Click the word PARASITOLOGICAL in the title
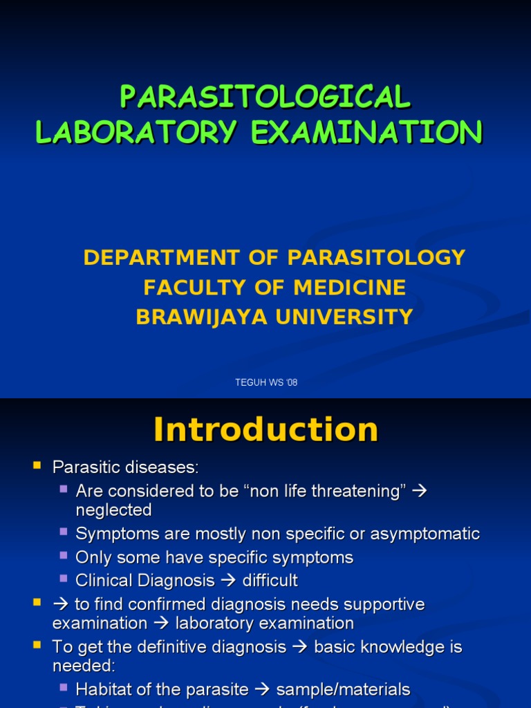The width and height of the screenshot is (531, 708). pos(265,97)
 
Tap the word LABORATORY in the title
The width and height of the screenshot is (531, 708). pos(136,132)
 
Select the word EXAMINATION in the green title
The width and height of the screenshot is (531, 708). pos(366,132)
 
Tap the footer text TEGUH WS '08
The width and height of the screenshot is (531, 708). pos(266,383)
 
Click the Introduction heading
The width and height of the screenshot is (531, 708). pos(265,429)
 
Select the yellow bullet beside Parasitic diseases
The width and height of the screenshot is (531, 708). pos(37,466)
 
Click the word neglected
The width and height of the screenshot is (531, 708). pos(113,510)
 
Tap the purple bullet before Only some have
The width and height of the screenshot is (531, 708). pos(64,556)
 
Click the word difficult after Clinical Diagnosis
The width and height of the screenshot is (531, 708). pos(270,581)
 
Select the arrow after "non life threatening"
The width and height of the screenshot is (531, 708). pos(419,492)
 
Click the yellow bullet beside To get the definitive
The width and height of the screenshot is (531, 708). pos(37,646)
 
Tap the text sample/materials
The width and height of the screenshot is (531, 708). pos(343,689)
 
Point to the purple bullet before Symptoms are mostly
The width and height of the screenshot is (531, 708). pos(64,532)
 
